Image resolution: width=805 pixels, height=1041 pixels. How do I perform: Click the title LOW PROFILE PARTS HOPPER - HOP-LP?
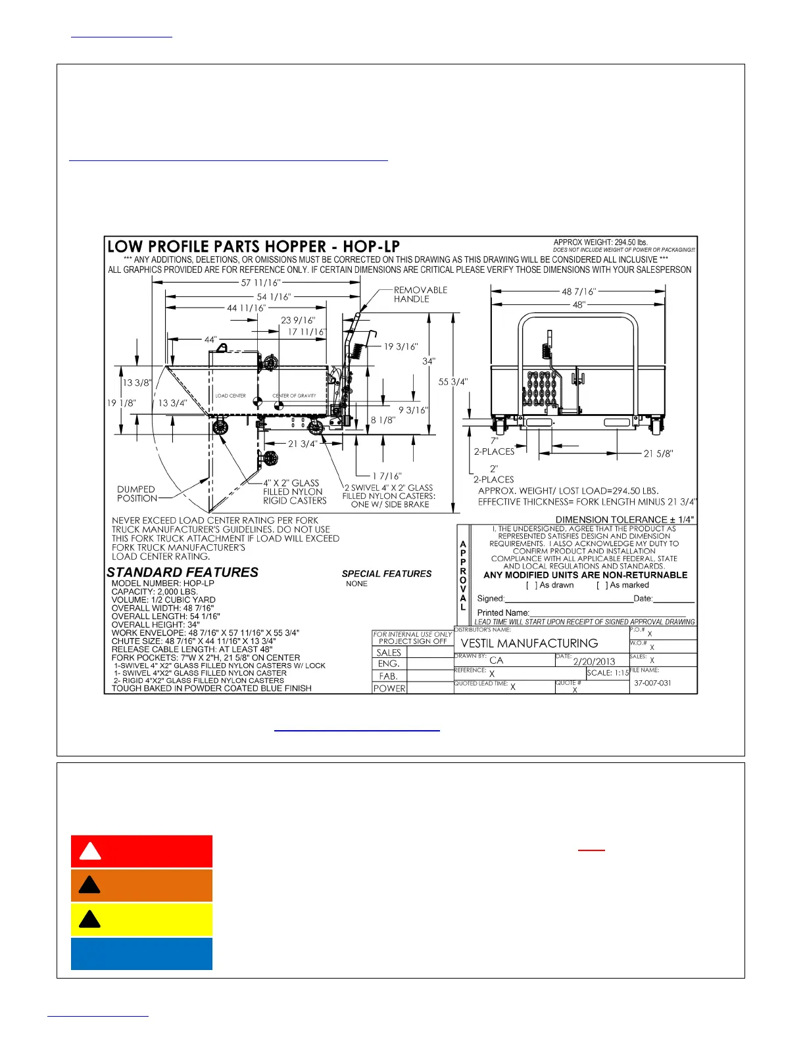pyautogui.click(x=253, y=247)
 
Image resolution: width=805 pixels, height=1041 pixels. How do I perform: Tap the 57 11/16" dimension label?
pyautogui.click(x=260, y=283)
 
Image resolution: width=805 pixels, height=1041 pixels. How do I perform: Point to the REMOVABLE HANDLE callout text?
pyautogui.click(x=420, y=294)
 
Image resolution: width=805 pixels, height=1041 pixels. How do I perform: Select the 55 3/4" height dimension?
pyautogui.click(x=453, y=381)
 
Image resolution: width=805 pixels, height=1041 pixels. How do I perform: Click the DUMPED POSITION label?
pyautogui.click(x=137, y=494)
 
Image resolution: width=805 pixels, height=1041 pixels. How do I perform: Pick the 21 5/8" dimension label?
pyautogui.click(x=658, y=453)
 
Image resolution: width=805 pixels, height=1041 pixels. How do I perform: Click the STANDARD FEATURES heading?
pyautogui.click(x=182, y=572)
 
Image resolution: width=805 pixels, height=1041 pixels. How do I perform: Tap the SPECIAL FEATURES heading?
pyautogui.click(x=387, y=574)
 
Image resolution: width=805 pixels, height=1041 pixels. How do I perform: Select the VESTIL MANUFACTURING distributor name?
pyautogui.click(x=529, y=643)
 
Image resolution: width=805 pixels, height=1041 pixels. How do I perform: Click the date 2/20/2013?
pyautogui.click(x=594, y=662)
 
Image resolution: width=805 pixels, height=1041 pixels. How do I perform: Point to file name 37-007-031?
pyautogui.click(x=652, y=683)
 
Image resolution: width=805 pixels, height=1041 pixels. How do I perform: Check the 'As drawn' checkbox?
pyautogui.click(x=531, y=585)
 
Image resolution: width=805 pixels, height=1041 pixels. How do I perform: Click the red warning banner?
pyautogui.click(x=141, y=852)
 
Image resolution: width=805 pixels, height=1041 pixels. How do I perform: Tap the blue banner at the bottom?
pyautogui.click(x=141, y=954)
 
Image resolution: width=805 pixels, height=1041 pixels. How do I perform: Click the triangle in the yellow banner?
pyautogui.click(x=89, y=919)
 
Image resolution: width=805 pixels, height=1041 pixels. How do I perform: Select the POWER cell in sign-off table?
pyautogui.click(x=389, y=688)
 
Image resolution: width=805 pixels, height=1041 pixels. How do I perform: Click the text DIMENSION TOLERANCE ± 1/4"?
pyautogui.click(x=624, y=519)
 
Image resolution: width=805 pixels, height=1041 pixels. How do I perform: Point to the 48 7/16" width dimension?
pyautogui.click(x=578, y=291)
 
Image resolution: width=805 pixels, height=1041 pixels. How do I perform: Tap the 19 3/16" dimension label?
pyautogui.click(x=401, y=346)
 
